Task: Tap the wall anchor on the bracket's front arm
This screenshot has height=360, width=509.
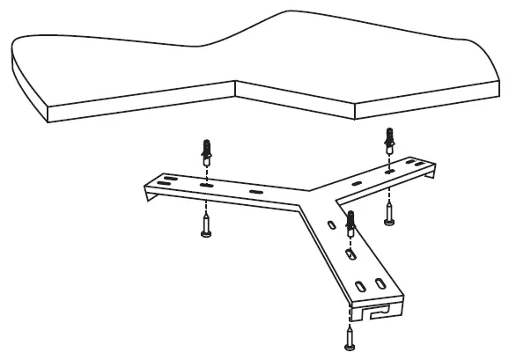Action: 350,224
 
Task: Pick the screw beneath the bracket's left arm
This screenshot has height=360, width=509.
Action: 206,227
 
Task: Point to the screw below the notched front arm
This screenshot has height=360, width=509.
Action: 350,334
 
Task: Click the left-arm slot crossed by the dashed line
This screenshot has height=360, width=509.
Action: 206,187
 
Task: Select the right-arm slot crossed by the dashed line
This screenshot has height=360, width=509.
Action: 388,173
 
